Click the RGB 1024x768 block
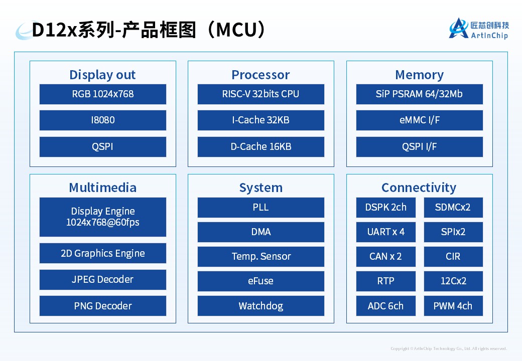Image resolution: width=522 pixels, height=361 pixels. click(x=102, y=94)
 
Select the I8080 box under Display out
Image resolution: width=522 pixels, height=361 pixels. click(x=102, y=120)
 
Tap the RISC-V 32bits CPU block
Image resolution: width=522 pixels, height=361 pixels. click(x=260, y=94)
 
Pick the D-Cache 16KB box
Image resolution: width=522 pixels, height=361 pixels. click(x=260, y=147)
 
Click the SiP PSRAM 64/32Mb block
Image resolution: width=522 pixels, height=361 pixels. click(x=419, y=94)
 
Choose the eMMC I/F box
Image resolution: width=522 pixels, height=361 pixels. click(x=419, y=120)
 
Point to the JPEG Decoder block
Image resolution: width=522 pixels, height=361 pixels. click(x=102, y=280)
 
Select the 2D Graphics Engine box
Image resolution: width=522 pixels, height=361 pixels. click(x=102, y=254)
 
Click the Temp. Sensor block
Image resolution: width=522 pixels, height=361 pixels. click(x=260, y=257)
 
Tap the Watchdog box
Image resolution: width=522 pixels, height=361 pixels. click(x=260, y=306)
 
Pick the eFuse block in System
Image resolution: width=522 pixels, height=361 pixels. click(x=260, y=281)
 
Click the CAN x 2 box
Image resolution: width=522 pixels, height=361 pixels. click(x=385, y=257)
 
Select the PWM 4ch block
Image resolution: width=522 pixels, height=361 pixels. click(x=453, y=306)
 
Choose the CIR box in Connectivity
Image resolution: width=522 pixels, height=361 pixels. click(x=453, y=257)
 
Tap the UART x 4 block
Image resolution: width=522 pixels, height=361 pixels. click(x=385, y=232)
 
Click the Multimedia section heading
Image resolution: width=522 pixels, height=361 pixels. click(x=102, y=188)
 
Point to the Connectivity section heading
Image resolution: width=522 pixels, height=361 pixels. click(x=419, y=188)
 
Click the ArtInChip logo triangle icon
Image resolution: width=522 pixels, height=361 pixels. click(x=458, y=29)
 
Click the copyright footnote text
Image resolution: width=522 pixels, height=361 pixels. click(x=449, y=348)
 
